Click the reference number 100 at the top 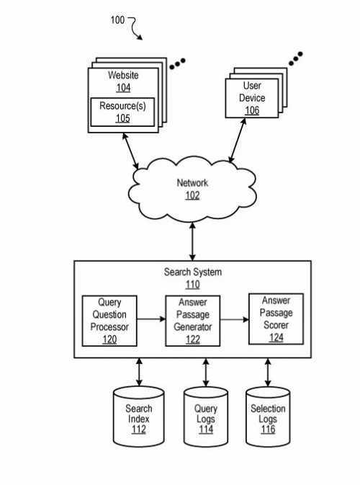[117, 19]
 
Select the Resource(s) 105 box [123, 112]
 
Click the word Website [123, 75]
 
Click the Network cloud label [192, 183]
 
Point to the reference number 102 [192, 195]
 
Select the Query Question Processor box [109, 320]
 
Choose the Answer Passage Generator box [193, 320]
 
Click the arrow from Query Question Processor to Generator [151, 317]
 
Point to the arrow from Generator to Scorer [234, 317]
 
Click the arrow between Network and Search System [192, 242]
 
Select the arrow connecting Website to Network [132, 152]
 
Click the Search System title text [193, 272]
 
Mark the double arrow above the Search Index [139, 372]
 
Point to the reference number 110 [193, 284]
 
